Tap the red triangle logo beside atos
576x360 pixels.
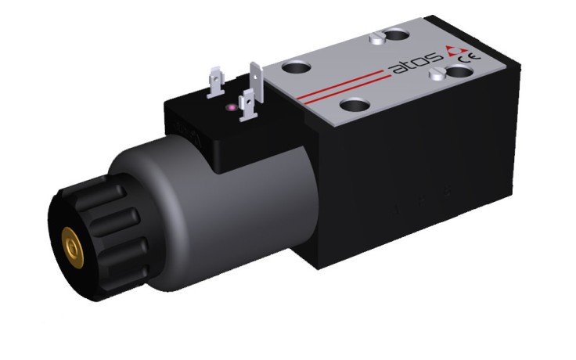(456, 51)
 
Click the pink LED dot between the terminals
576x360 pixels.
(232, 107)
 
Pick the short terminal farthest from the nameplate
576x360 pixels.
(216, 82)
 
